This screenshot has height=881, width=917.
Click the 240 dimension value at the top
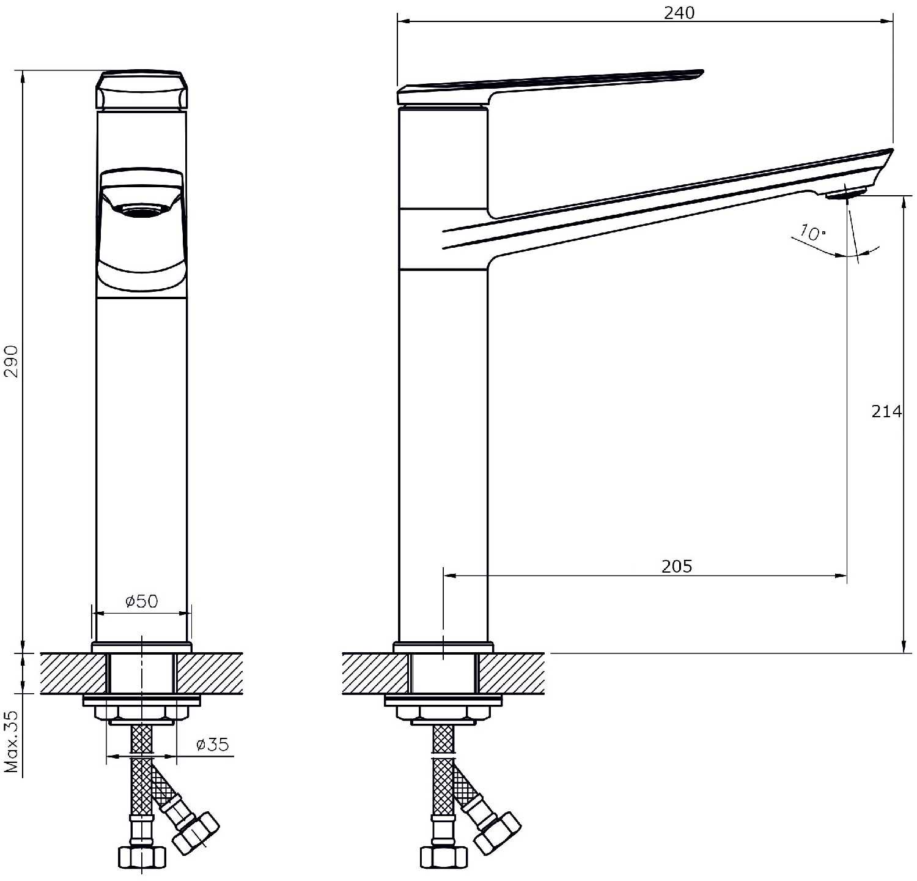click(679, 13)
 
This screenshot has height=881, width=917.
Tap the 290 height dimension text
click(13, 361)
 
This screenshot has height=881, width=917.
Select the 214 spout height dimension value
click(886, 412)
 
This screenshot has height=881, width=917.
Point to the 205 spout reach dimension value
click(677, 567)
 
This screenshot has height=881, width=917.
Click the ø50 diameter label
click(141, 601)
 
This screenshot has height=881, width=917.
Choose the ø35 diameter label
click(212, 745)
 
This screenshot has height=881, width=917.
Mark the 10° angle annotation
click(812, 233)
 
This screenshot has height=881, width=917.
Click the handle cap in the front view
click(141, 90)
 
